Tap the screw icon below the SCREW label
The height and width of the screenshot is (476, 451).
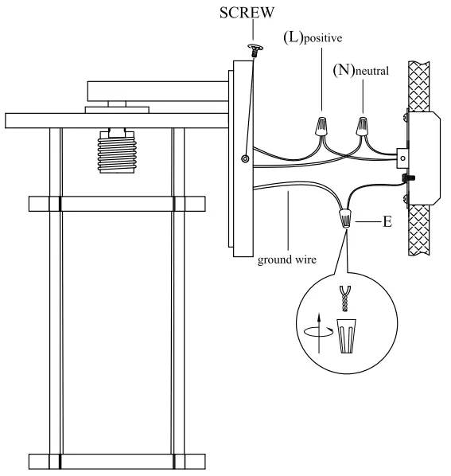(255, 52)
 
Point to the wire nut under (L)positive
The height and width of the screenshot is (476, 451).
(321, 126)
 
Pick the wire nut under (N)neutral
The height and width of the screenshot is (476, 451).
(363, 126)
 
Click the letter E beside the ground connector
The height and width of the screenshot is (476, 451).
(387, 222)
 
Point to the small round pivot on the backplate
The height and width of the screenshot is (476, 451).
(245, 159)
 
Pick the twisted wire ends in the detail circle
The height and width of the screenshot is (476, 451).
(344, 301)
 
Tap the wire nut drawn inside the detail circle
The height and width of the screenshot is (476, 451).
(344, 336)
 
